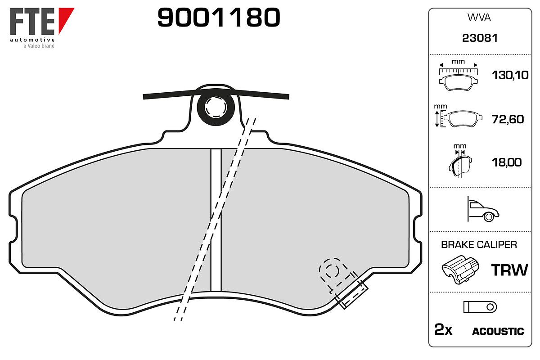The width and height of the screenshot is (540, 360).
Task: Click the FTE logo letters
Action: pos(32,21)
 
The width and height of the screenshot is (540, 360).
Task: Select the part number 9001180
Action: pos(219,17)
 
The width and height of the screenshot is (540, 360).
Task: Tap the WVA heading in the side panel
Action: pos(479,18)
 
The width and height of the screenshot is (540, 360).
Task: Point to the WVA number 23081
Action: pos(480,38)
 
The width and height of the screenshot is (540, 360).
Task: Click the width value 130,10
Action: pos(510,75)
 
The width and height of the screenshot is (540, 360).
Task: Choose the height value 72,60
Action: pos(508,119)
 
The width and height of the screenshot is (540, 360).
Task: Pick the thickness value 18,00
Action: pos(507,162)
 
